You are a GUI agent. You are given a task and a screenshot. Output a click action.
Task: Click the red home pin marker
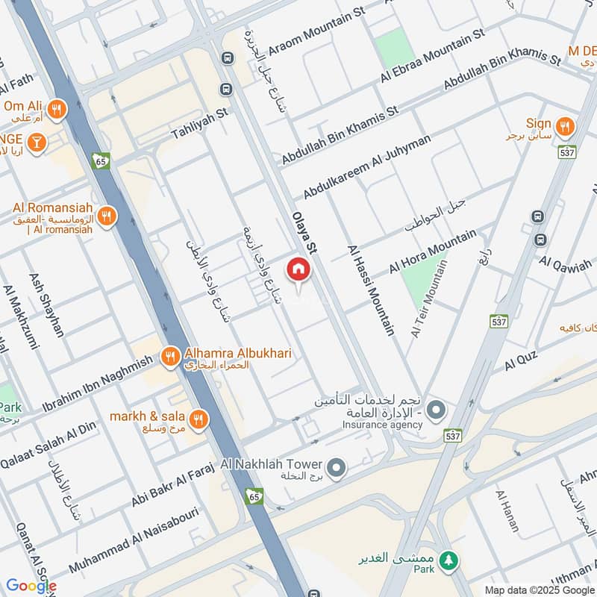pyautogui.click(x=298, y=269)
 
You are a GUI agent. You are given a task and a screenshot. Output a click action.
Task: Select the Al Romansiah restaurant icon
pyautogui.click(x=107, y=216)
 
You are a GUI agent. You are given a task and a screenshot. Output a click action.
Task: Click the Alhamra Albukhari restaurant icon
pyautogui.click(x=170, y=357)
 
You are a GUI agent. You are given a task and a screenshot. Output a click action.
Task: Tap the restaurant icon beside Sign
pyautogui.click(x=565, y=128)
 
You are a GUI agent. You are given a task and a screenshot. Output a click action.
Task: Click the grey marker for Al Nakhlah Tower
pyautogui.click(x=337, y=468)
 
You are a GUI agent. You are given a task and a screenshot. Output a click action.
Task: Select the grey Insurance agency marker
pyautogui.click(x=436, y=410)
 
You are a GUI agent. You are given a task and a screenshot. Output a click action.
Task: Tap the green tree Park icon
pyautogui.click(x=448, y=560)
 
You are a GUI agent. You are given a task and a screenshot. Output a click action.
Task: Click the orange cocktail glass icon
pyautogui.click(x=35, y=141)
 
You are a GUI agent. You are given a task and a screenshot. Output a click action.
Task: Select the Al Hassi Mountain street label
pyautogui.click(x=371, y=290)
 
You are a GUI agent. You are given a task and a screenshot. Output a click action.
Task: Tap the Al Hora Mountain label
pyautogui.click(x=432, y=252)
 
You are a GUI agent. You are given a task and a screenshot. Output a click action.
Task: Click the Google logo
pyautogui.click(x=31, y=586)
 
